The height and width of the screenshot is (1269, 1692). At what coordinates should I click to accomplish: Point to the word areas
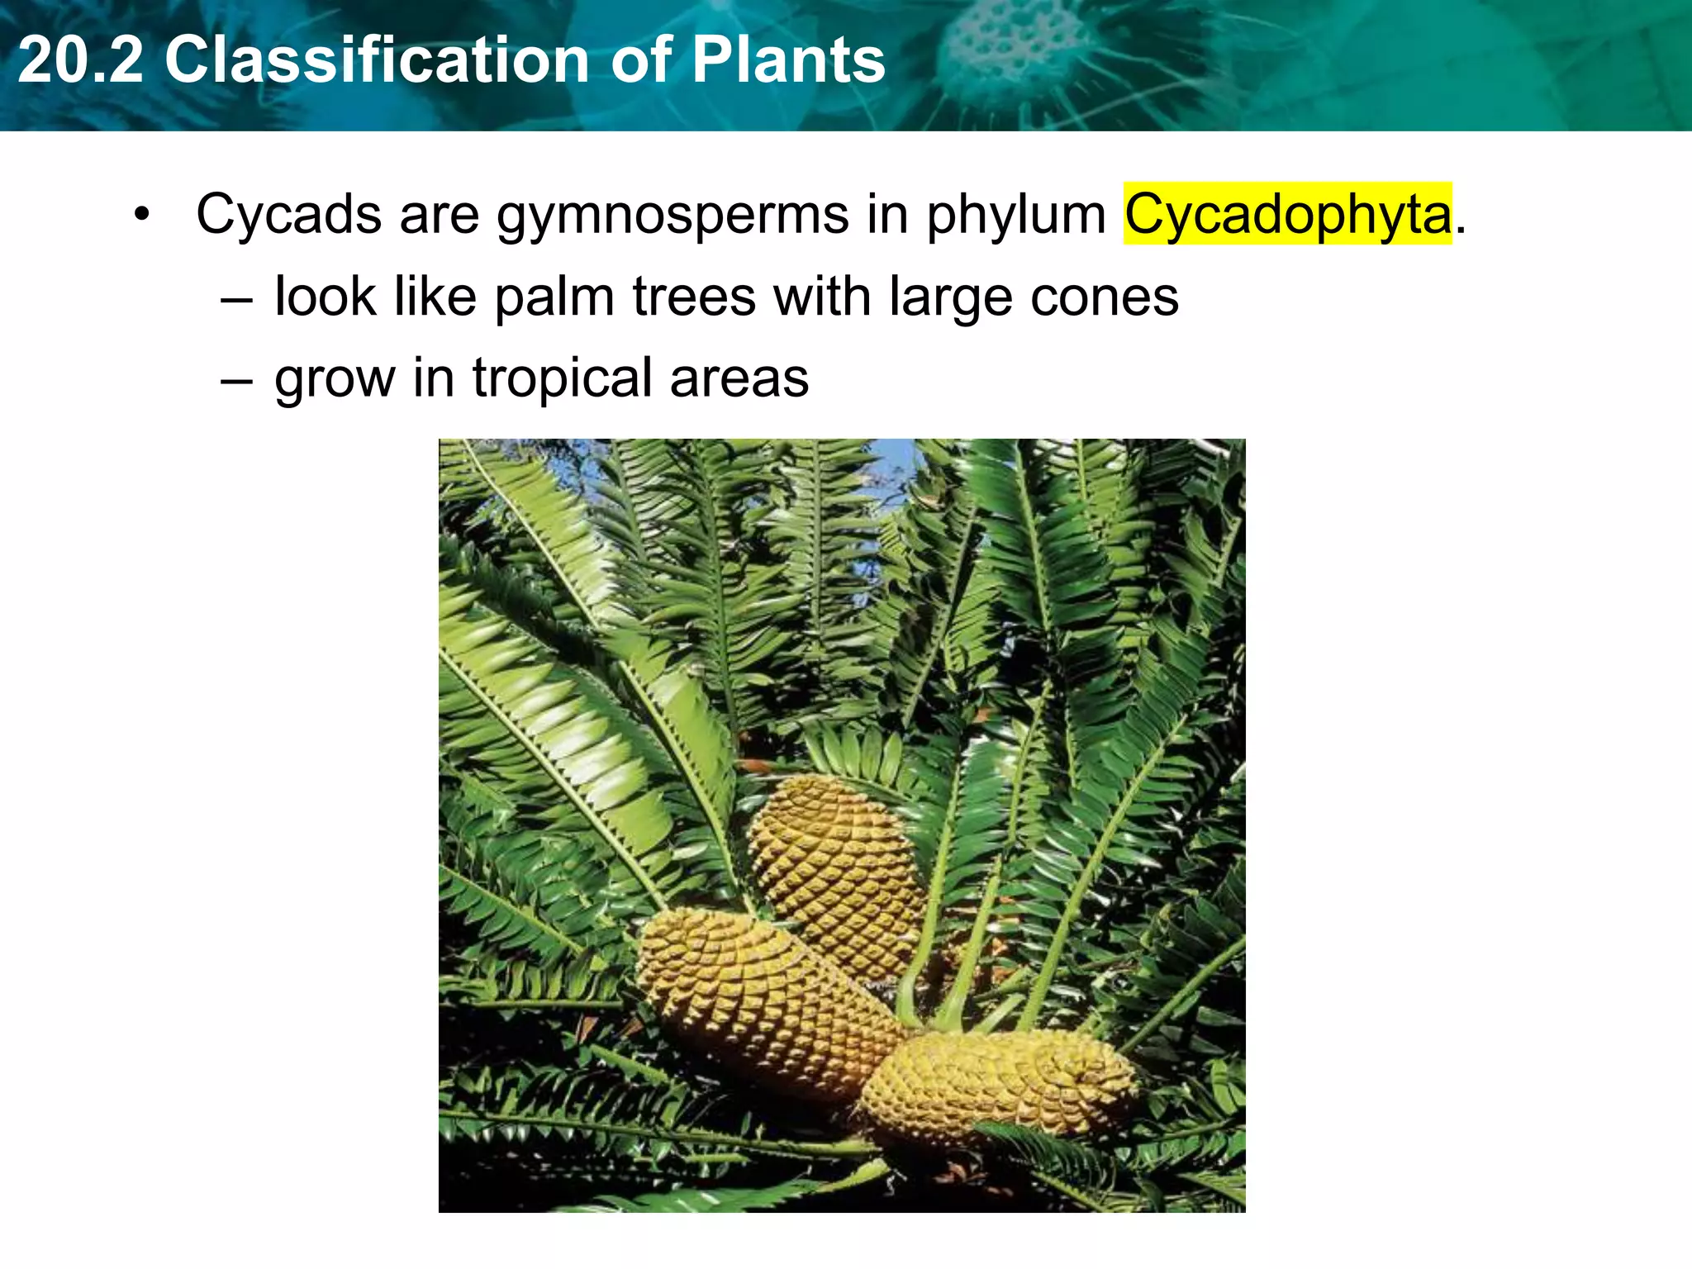(739, 378)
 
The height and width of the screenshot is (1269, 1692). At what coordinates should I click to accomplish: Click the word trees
(694, 296)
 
